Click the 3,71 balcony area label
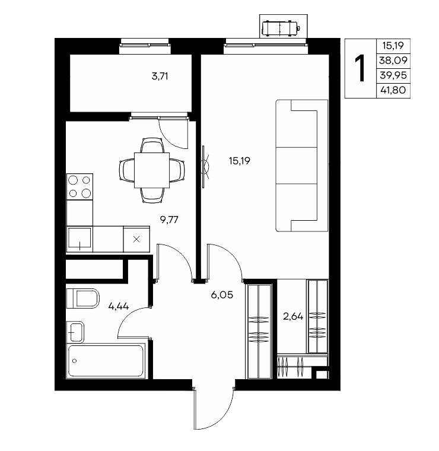[160, 77]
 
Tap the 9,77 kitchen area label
[169, 220]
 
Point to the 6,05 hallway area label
[222, 295]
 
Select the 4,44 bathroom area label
[119, 306]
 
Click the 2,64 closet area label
[293, 316]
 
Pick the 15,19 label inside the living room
[240, 161]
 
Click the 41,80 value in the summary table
[393, 90]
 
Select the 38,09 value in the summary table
[393, 61]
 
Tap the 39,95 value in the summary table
[393, 75]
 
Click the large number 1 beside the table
[360, 68]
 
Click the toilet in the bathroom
[83, 298]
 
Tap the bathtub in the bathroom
[106, 361]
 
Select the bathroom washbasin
[75, 332]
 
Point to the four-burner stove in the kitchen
[79, 187]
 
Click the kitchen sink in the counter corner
[79, 239]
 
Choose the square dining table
[152, 170]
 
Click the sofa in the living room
[302, 166]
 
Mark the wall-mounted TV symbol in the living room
[205, 167]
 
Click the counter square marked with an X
[136, 239]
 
